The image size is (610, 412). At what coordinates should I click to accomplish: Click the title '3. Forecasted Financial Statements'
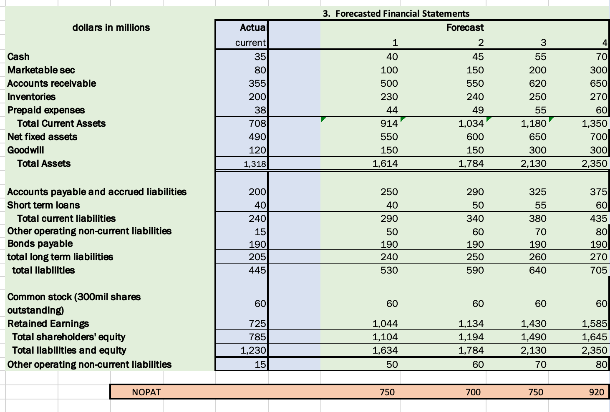pyautogui.click(x=396, y=14)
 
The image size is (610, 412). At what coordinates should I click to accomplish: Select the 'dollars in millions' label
pyautogui.click(x=111, y=28)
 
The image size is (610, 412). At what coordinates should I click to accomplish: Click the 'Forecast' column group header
pyautogui.click(x=465, y=28)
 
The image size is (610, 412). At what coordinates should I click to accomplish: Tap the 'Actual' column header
pyautogui.click(x=253, y=28)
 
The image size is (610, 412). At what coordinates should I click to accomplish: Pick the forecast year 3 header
pyautogui.click(x=543, y=43)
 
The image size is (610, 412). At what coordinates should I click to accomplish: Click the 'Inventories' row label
pyautogui.click(x=31, y=97)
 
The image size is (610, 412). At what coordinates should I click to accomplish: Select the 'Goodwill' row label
pyautogui.click(x=25, y=150)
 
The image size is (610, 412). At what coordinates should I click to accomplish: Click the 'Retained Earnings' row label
pyautogui.click(x=48, y=324)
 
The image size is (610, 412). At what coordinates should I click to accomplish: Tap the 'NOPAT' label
pyautogui.click(x=146, y=392)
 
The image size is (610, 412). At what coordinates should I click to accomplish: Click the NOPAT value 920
pyautogui.click(x=596, y=392)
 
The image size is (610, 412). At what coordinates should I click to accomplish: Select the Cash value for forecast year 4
pyautogui.click(x=601, y=57)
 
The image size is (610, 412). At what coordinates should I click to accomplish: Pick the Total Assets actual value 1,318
pyautogui.click(x=255, y=164)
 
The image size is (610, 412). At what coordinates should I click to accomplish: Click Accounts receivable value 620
pyautogui.click(x=537, y=83)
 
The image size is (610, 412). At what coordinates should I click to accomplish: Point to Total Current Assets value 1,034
pyautogui.click(x=471, y=123)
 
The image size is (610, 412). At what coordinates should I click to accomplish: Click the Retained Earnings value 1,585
pyautogui.click(x=594, y=324)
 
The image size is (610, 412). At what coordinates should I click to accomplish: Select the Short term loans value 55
pyautogui.click(x=540, y=205)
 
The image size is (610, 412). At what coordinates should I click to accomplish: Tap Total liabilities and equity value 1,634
pyautogui.click(x=385, y=350)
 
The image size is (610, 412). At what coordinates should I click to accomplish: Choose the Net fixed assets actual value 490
pyautogui.click(x=257, y=137)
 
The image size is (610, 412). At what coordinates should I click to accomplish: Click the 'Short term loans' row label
pyautogui.click(x=43, y=205)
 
